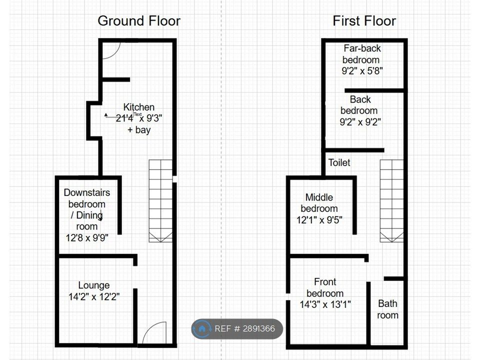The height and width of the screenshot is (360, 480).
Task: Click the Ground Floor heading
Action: click(x=139, y=21)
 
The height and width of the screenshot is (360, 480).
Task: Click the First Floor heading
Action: click(x=364, y=21)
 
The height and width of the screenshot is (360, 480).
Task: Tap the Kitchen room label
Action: click(x=138, y=107)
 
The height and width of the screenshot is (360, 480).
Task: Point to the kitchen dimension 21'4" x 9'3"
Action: click(x=139, y=118)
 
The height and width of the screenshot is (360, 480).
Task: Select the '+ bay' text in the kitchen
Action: click(x=139, y=130)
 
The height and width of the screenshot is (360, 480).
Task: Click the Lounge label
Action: click(x=94, y=285)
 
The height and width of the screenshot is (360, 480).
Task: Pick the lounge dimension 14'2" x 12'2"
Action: click(x=94, y=296)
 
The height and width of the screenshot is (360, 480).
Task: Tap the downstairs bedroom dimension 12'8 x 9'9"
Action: click(x=87, y=238)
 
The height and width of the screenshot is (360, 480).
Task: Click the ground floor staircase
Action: click(x=160, y=201)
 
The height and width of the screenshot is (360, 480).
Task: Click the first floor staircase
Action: click(x=392, y=201)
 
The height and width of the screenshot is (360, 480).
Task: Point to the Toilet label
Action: click(x=339, y=162)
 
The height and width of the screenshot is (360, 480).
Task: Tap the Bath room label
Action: click(x=387, y=309)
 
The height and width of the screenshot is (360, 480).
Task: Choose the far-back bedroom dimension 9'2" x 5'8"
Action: click(x=362, y=71)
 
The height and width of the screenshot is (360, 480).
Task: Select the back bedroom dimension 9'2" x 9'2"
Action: click(x=360, y=122)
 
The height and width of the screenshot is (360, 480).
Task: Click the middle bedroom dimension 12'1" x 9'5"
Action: click(x=319, y=220)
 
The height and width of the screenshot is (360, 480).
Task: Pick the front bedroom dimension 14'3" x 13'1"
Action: click(x=325, y=304)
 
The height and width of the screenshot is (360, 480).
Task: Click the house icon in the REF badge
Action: click(x=201, y=329)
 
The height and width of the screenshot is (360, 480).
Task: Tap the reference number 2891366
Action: click(x=258, y=329)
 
